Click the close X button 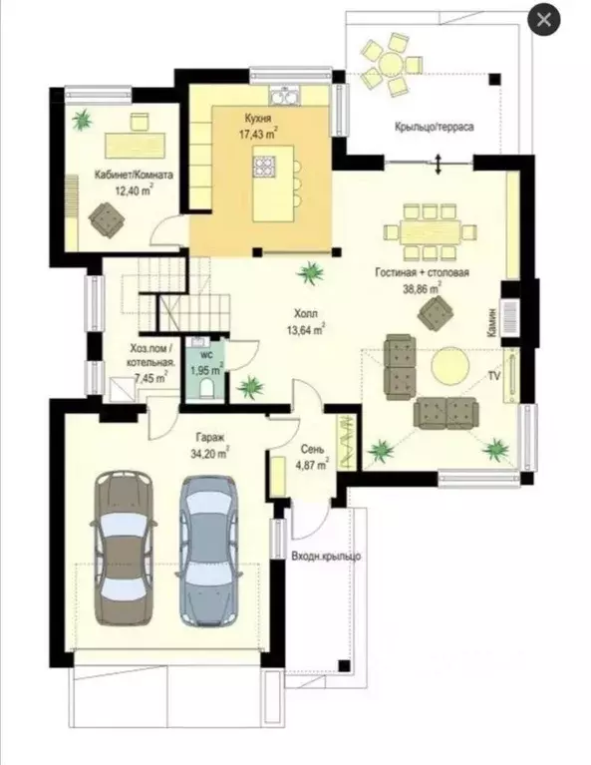click(x=544, y=21)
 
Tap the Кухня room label click(x=257, y=119)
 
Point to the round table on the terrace click(x=391, y=64)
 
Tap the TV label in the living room click(x=494, y=376)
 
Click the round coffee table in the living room click(x=450, y=366)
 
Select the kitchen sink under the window click(x=285, y=95)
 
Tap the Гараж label click(x=210, y=437)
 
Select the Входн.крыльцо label click(x=326, y=556)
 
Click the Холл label click(x=306, y=313)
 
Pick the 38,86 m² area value click(x=422, y=288)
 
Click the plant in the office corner click(x=82, y=119)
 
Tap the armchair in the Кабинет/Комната click(x=106, y=219)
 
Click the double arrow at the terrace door click(x=439, y=165)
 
